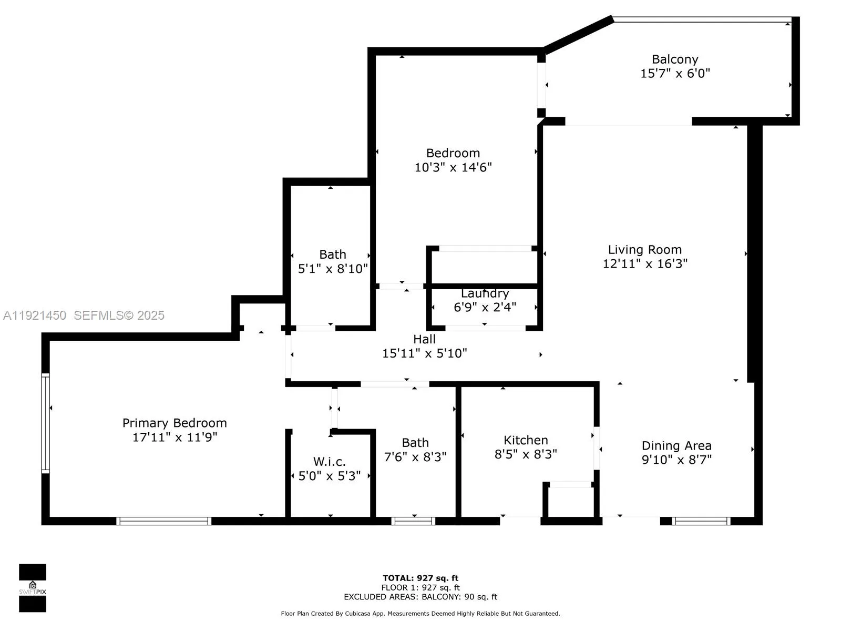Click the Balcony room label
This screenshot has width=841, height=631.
(675, 59)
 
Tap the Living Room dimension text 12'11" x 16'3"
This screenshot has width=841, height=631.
(645, 263)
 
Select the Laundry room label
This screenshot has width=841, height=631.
(485, 293)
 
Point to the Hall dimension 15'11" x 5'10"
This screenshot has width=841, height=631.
(425, 353)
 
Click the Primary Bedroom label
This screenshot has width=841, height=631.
(175, 423)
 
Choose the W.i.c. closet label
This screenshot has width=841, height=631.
(329, 462)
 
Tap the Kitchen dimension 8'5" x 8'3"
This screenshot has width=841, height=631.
(526, 454)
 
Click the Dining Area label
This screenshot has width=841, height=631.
(676, 445)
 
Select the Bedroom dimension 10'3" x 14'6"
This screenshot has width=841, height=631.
(453, 167)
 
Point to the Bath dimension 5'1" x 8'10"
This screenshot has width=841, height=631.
(333, 269)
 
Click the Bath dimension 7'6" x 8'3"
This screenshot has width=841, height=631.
(415, 456)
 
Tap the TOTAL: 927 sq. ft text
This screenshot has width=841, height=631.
(420, 578)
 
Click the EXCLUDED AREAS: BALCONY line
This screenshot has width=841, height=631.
(420, 596)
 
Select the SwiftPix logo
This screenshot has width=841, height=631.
(33, 588)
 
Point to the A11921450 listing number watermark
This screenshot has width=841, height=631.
(35, 315)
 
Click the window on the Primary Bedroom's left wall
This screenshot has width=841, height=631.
(46, 423)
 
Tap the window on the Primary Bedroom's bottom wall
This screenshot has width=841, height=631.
(163, 521)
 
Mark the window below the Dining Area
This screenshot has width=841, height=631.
(701, 521)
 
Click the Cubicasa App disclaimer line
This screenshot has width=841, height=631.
(420, 614)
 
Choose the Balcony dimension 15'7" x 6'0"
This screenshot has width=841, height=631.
(675, 73)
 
